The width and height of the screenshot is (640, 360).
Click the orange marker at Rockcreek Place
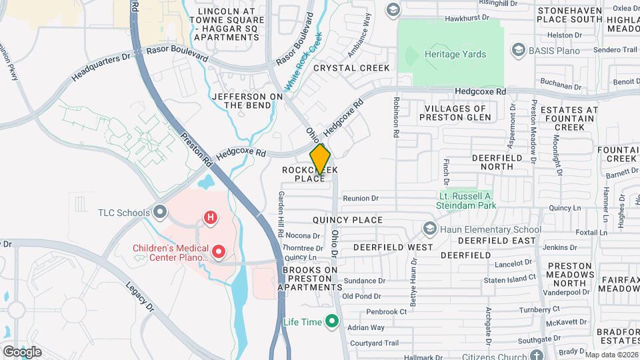click(320, 159)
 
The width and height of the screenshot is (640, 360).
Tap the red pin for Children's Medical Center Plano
click(218, 252)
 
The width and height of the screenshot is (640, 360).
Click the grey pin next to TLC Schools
click(159, 213)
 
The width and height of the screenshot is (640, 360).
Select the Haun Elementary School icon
click(429, 229)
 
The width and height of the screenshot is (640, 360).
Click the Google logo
click(22, 351)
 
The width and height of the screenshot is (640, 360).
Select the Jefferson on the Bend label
click(247, 101)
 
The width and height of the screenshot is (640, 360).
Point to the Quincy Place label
click(347, 220)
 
